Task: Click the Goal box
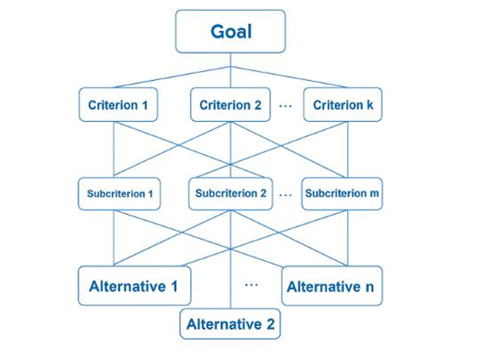pyautogui.click(x=231, y=31)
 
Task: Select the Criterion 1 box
pyautogui.click(x=119, y=104)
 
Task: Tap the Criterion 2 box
pyautogui.click(x=230, y=104)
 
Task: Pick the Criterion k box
pyautogui.click(x=343, y=104)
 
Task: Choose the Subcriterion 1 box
pyautogui.click(x=120, y=193)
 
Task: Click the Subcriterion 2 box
pyautogui.click(x=231, y=193)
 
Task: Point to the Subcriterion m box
pyautogui.click(x=342, y=193)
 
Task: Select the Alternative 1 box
pyautogui.click(x=135, y=286)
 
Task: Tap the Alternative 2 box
pyautogui.click(x=230, y=323)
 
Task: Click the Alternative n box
pyautogui.click(x=332, y=286)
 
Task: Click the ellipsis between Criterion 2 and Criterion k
pyautogui.click(x=285, y=106)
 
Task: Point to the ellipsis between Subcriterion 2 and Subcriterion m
pyautogui.click(x=285, y=194)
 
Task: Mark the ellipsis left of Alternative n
pyautogui.click(x=252, y=284)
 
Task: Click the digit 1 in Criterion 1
pyautogui.click(x=145, y=105)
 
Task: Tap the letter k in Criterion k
pyautogui.click(x=370, y=105)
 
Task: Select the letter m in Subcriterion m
pyautogui.click(x=375, y=193)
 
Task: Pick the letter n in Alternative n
pyautogui.click(x=369, y=288)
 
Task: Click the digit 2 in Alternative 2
pyautogui.click(x=270, y=324)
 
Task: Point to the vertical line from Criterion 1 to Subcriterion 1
pyautogui.click(x=113, y=150)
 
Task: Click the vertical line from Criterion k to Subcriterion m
pyautogui.click(x=348, y=150)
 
